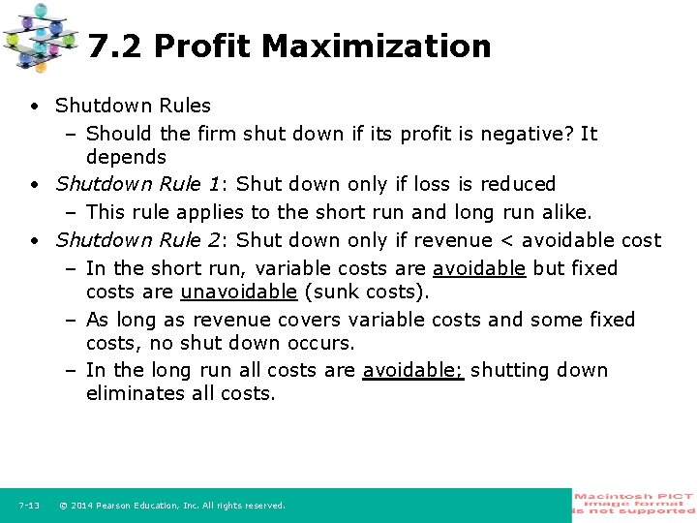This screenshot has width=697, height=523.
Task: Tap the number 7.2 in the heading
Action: [x=114, y=46]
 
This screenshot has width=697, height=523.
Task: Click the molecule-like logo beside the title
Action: [x=39, y=38]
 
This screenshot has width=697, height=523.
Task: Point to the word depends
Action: [x=126, y=157]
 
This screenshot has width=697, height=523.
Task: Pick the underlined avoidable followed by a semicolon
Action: [x=413, y=370]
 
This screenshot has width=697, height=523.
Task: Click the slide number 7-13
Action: [x=28, y=506]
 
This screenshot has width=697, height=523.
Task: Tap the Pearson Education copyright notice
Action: [x=172, y=506]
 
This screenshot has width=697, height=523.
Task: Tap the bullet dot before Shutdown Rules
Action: [x=34, y=106]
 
